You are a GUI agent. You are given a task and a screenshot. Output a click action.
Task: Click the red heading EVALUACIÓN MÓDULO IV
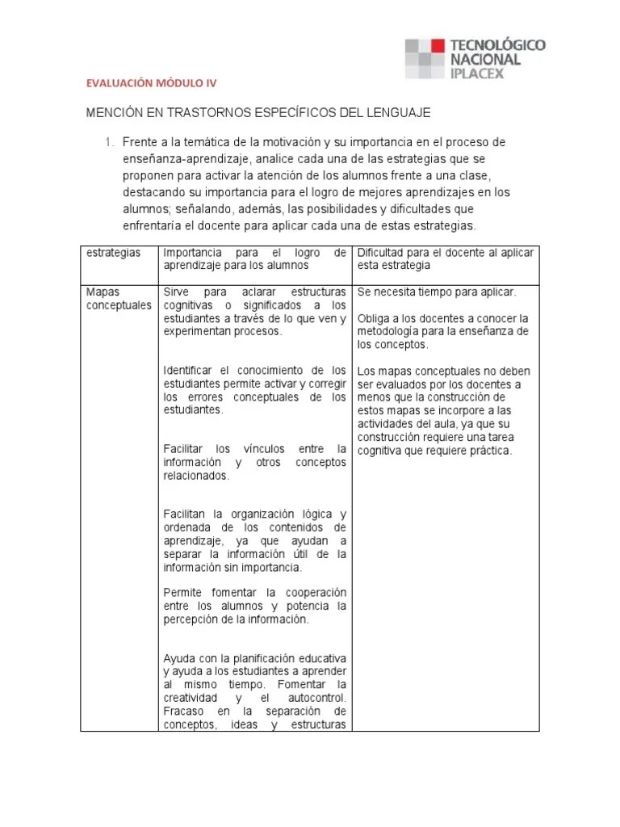(x=151, y=82)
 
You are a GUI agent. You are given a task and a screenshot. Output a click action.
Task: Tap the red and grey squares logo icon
(x=425, y=58)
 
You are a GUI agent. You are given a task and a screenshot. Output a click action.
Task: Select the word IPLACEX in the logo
(x=479, y=73)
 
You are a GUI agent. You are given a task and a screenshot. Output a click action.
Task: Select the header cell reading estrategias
(x=113, y=253)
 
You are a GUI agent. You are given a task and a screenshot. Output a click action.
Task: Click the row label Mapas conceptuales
(x=118, y=298)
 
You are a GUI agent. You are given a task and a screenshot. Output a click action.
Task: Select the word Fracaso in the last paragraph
(x=185, y=711)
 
